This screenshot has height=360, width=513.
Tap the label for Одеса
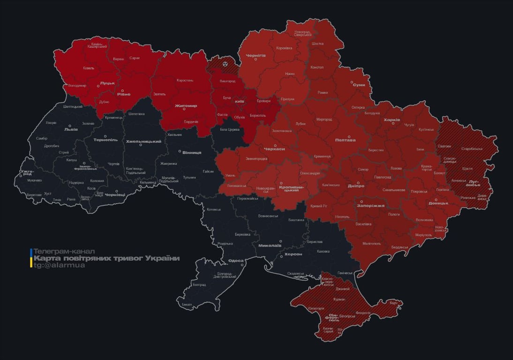tap(235, 261)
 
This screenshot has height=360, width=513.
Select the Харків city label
tap(392, 120)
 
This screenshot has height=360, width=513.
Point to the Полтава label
tap(345, 140)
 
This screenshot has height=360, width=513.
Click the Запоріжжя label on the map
tap(370, 205)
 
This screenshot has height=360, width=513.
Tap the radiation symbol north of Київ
tap(225, 63)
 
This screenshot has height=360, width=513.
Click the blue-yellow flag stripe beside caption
tap(31, 258)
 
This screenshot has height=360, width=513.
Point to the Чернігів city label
tap(256, 55)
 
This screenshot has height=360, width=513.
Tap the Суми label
tap(359, 85)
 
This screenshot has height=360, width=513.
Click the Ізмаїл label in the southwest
tap(187, 304)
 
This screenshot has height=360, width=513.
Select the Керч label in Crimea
tap(393, 303)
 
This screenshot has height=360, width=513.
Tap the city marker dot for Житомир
tap(184, 110)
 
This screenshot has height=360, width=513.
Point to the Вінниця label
tap(192, 152)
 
